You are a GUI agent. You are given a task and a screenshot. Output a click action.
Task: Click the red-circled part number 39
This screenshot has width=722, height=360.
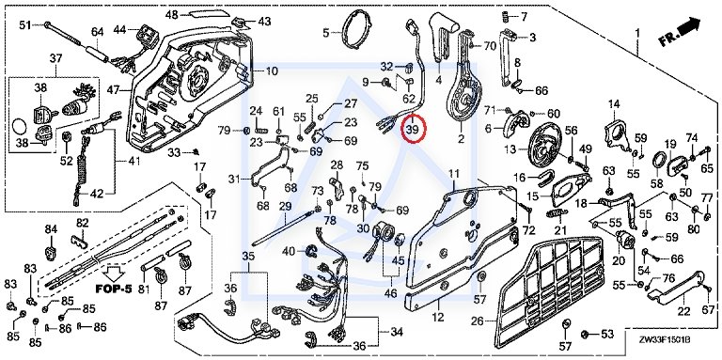(x=412, y=130)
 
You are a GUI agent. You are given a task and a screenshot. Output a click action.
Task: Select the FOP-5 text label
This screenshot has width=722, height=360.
(x=114, y=290)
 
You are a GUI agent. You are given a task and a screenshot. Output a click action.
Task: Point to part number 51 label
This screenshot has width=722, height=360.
(x=24, y=24)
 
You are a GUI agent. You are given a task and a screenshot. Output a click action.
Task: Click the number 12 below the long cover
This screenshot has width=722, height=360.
(x=438, y=317)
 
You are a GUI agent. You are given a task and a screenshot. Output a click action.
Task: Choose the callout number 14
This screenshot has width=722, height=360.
(x=614, y=103)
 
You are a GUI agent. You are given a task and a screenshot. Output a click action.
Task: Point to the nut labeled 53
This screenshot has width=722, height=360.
(x=586, y=334)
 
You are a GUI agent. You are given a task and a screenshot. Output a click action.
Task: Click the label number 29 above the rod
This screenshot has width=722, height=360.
(x=285, y=206)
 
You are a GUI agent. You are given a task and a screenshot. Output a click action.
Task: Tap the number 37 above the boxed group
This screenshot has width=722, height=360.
(x=55, y=58)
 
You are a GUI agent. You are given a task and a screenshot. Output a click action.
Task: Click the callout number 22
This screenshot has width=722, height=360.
(x=683, y=311)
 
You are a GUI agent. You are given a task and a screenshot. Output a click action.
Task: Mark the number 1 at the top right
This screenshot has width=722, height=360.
(x=637, y=33)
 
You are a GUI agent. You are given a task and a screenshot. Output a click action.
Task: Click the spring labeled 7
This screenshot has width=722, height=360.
(x=506, y=17)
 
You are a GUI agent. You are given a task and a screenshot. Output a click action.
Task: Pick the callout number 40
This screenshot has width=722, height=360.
(x=289, y=251)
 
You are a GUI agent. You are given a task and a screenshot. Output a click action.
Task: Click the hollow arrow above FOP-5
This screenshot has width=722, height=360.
(x=113, y=274)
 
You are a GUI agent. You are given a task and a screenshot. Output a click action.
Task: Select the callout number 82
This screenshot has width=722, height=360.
(x=83, y=224)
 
